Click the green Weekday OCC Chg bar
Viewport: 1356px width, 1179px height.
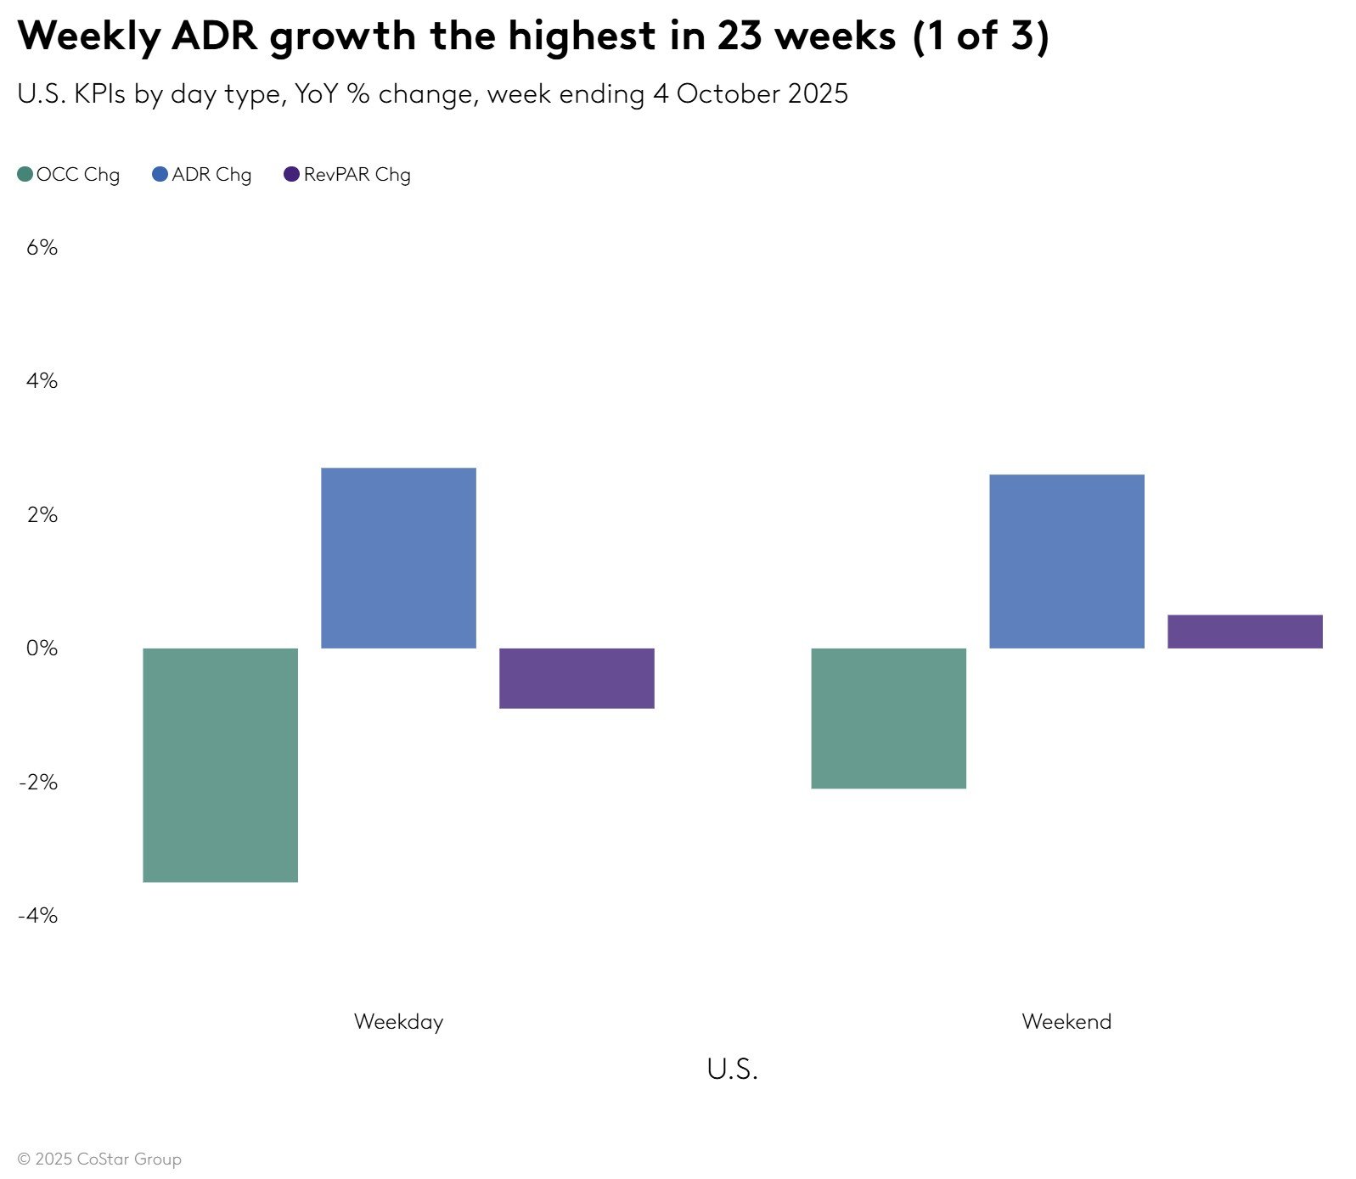[220, 765]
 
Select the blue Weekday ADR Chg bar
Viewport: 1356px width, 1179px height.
[398, 558]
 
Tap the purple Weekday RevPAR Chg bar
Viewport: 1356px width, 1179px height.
[577, 678]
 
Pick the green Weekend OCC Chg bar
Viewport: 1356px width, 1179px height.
[888, 718]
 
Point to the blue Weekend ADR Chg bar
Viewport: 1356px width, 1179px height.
[1066, 561]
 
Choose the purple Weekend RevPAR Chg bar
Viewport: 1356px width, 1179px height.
[1245, 632]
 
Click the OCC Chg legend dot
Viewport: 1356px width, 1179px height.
[25, 175]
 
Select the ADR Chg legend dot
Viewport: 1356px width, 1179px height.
[160, 175]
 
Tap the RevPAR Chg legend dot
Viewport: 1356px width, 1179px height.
[291, 175]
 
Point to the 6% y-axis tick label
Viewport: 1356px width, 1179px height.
[42, 248]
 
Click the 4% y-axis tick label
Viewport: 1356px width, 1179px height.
[42, 381]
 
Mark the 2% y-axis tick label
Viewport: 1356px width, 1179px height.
[42, 515]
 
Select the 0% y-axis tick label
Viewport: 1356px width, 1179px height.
[42, 648]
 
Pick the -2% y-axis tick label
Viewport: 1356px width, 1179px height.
[38, 783]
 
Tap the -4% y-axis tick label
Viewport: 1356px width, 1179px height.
[38, 916]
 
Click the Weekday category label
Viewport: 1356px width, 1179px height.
[398, 1022]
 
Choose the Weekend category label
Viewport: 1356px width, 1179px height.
[1066, 1022]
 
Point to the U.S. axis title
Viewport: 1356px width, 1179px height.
[732, 1070]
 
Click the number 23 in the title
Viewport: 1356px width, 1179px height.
[739, 36]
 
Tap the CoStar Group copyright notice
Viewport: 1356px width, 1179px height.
[99, 1159]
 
